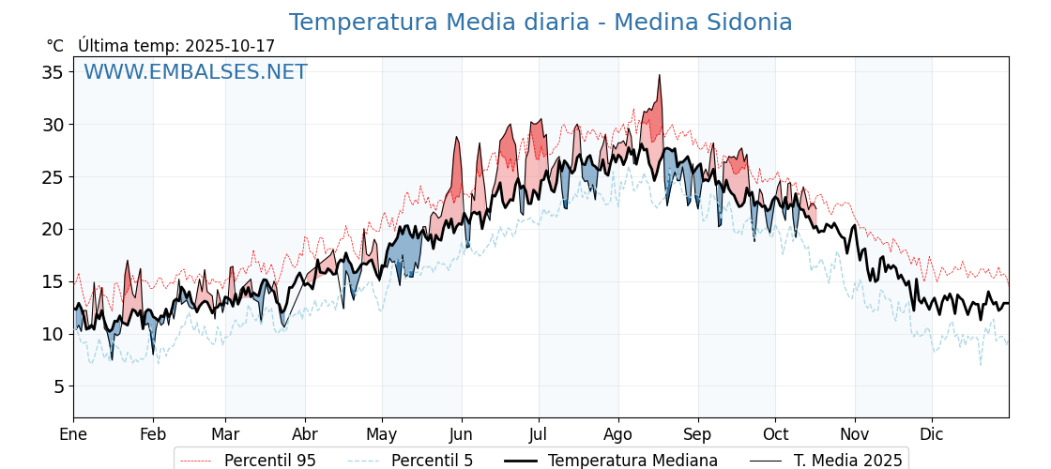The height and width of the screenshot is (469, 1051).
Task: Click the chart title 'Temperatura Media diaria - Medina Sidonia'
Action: point(541,23)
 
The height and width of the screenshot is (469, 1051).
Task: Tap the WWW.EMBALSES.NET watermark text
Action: point(195,72)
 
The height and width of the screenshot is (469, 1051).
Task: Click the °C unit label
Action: point(55,46)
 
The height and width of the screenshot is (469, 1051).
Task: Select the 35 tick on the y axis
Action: point(53,72)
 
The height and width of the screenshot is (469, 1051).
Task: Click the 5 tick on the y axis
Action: point(58,386)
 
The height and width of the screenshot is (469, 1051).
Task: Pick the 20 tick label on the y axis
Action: point(53,229)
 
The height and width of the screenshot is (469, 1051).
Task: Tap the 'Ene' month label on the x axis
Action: point(73,435)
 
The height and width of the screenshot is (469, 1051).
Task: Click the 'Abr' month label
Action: point(305,435)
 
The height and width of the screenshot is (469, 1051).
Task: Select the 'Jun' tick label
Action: point(461,435)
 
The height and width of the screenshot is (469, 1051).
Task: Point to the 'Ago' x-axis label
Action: point(618,435)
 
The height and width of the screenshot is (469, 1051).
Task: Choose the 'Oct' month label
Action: point(775,435)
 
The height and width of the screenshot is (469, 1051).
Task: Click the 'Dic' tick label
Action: point(932,435)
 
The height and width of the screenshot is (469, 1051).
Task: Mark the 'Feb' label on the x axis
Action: point(153,435)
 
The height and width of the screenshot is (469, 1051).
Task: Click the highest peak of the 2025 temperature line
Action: point(660,75)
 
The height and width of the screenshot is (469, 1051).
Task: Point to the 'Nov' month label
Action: point(855,435)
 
